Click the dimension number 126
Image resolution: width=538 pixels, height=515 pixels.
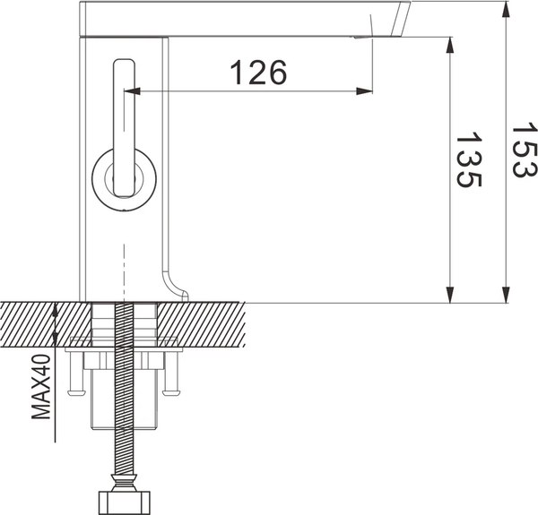[258, 72]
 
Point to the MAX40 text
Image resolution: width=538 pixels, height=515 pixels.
[39, 387]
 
